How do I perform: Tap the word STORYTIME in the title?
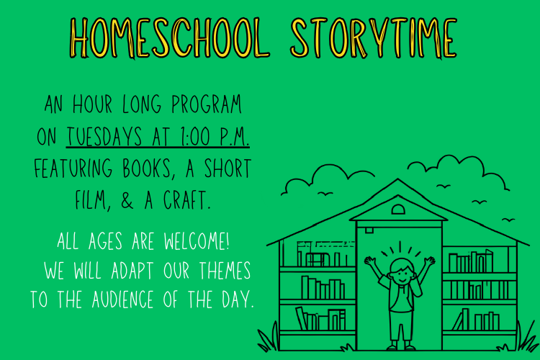click(374, 38)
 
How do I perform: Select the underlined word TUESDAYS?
click(104, 136)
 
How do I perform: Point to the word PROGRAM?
click(207, 104)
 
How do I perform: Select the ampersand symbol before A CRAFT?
click(127, 200)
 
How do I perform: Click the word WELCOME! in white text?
click(197, 240)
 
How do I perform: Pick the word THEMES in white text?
click(225, 270)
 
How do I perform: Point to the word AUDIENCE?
click(122, 299)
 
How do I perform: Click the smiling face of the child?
click(402, 272)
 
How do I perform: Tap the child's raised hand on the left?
click(371, 261)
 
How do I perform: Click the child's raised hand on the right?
click(429, 261)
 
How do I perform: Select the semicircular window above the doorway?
click(398, 209)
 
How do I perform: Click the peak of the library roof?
click(397, 179)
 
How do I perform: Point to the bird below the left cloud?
click(325, 194)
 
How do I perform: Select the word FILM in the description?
click(91, 200)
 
